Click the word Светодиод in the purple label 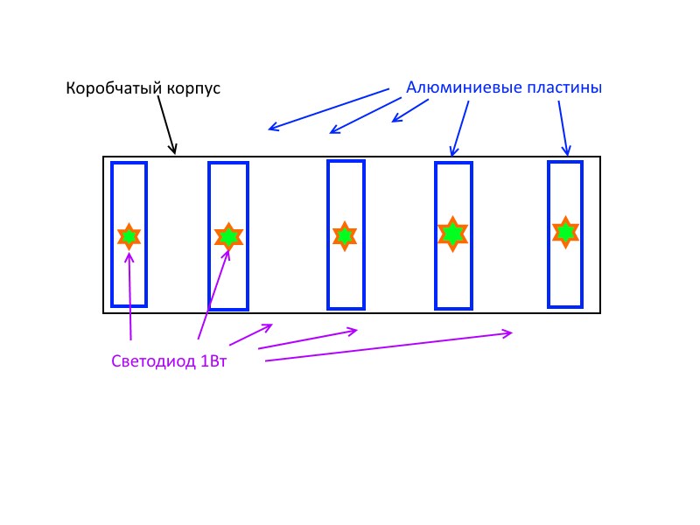(154, 360)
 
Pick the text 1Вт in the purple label (213, 360)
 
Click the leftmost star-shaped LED (129, 236)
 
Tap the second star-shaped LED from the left (228, 236)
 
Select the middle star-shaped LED (344, 235)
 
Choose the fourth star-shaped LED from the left (452, 234)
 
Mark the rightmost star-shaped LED (566, 232)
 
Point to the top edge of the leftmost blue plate (129, 164)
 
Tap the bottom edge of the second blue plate (228, 308)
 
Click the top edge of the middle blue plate (346, 161)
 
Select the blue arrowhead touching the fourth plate (452, 152)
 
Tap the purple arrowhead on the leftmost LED (129, 255)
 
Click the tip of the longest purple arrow (511, 332)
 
